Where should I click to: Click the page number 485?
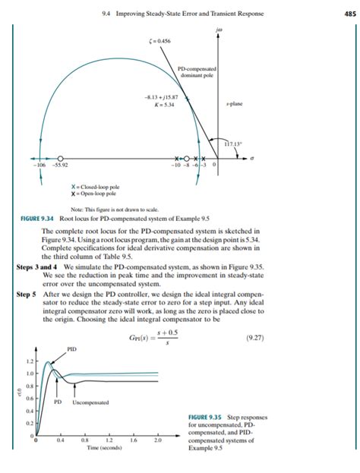[x=349, y=13]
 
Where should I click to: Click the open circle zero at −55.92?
[x=58, y=159]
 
